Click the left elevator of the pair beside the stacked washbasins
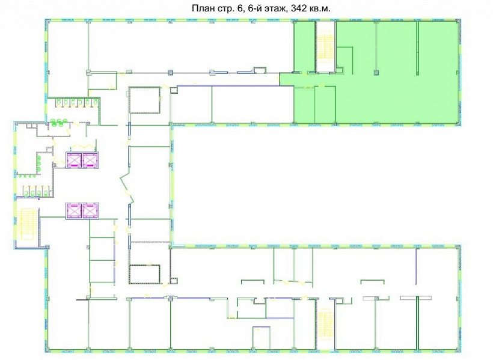[74, 160]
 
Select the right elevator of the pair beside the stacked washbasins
[90, 160]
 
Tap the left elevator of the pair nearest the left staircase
[74, 210]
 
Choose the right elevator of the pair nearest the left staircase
[90, 210]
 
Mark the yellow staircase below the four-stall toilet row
[25, 223]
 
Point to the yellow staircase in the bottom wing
[324, 325]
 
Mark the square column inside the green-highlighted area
[376, 73]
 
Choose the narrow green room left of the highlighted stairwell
[305, 46]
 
